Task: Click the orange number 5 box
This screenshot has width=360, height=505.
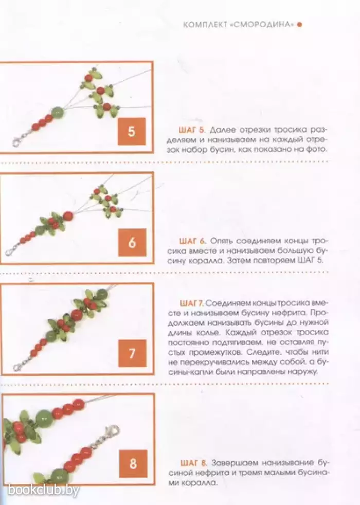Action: [x=131, y=131]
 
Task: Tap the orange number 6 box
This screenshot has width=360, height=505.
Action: [x=132, y=243]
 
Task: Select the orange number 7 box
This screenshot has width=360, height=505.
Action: [x=132, y=353]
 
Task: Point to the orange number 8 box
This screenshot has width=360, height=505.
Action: [x=133, y=464]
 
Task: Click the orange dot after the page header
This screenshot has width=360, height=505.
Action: [x=299, y=25]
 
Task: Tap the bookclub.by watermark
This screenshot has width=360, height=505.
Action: [x=44, y=490]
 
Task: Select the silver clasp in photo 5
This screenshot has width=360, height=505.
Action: [x=19, y=140]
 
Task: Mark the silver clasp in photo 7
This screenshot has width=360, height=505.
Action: [x=20, y=364]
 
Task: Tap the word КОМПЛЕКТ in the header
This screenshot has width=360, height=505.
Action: [x=205, y=25]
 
